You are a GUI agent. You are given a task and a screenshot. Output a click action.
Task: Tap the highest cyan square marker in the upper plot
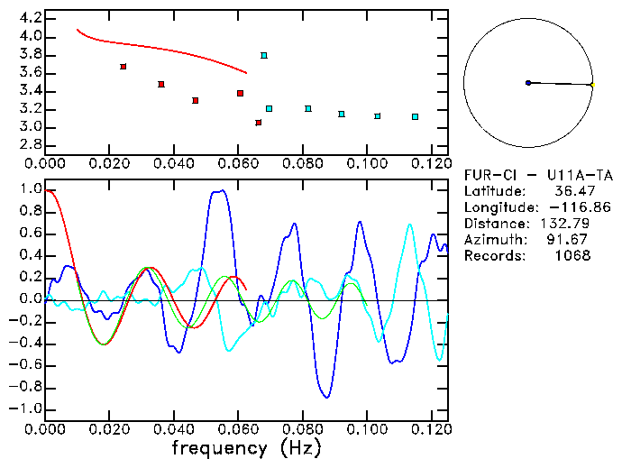point(263,56)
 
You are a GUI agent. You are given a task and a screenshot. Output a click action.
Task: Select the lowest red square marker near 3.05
point(258,123)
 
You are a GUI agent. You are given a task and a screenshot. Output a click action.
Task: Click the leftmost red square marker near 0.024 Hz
point(123,67)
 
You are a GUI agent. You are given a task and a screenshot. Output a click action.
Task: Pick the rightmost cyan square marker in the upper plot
point(415,117)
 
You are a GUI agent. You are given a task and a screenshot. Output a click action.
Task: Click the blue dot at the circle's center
point(528,83)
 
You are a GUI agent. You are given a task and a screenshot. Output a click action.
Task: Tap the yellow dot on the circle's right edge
point(591,85)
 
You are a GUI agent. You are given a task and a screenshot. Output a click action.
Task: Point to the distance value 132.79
point(568,224)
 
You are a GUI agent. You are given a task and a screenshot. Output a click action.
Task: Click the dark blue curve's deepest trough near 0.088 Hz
point(327,397)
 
